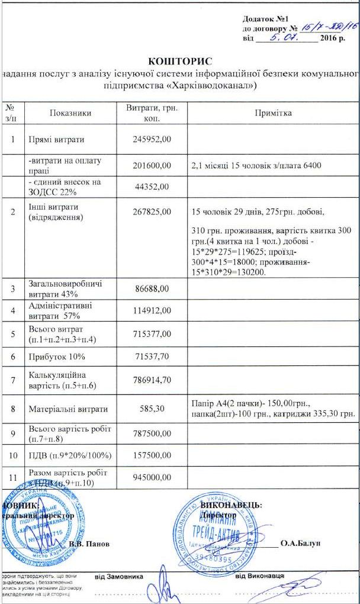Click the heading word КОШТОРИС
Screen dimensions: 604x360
coord(180,61)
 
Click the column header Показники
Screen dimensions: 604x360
coord(70,113)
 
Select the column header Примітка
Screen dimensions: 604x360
coord(273,113)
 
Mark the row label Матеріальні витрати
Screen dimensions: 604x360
coord(68,409)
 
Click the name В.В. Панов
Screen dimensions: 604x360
coord(89,544)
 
